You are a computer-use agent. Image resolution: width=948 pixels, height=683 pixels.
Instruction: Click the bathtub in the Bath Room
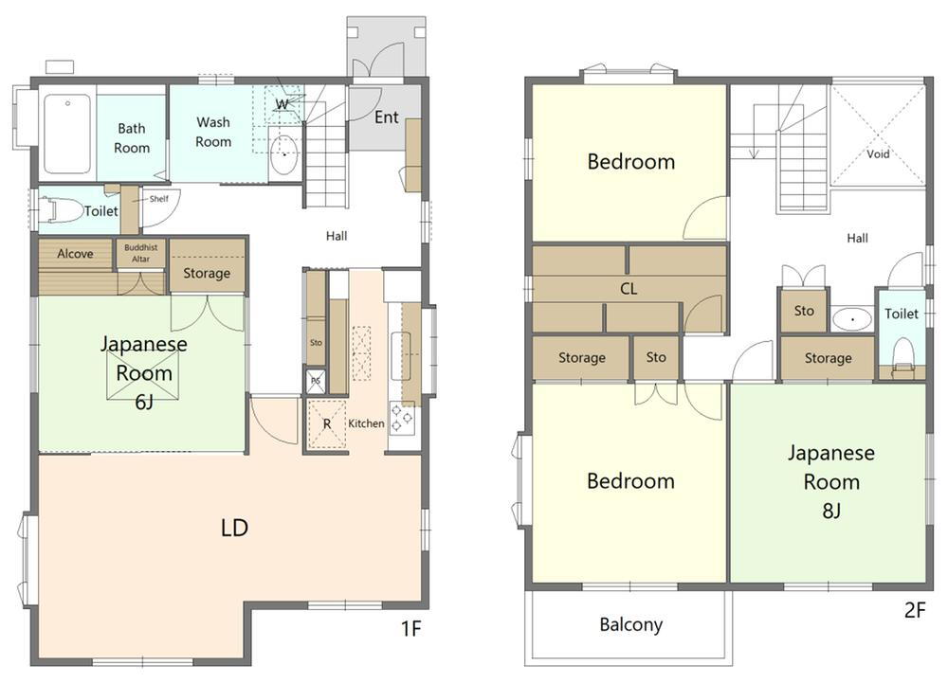[x=67, y=134]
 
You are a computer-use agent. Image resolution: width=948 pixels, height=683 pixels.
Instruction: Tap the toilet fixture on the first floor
[x=61, y=210]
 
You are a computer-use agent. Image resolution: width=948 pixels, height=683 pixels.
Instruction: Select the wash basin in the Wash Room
[x=283, y=154]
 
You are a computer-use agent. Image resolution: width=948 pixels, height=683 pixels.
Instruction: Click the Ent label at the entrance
[x=387, y=117]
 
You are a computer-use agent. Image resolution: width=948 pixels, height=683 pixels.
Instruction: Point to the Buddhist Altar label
[x=141, y=253]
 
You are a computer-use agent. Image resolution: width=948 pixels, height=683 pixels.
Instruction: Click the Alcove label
[x=75, y=254]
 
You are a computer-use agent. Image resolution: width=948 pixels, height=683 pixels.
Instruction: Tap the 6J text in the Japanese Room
[x=144, y=401]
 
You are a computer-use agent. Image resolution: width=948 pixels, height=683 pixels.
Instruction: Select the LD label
[x=234, y=528]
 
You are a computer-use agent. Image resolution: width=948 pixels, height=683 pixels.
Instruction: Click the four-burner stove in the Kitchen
[x=401, y=418]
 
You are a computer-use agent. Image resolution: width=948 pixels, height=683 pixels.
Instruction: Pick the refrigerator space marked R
[x=326, y=424]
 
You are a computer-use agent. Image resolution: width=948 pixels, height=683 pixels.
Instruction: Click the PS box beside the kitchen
[x=316, y=381]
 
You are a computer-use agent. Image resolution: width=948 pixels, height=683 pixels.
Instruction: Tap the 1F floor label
[x=410, y=629]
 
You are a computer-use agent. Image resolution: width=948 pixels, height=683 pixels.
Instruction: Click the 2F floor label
[x=915, y=610]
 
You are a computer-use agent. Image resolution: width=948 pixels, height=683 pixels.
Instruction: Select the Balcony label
[x=630, y=624]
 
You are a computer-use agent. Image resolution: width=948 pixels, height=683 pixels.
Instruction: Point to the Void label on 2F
[x=878, y=154]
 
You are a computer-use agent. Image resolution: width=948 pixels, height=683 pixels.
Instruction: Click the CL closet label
[x=629, y=289]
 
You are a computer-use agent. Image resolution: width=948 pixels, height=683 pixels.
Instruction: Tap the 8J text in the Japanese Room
[x=831, y=511]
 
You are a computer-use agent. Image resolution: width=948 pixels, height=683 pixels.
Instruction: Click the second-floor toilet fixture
[x=902, y=355]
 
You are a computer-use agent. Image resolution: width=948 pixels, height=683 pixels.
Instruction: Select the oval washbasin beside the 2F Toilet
[x=852, y=317]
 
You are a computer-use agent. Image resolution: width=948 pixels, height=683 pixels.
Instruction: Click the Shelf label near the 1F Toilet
[x=159, y=199]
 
